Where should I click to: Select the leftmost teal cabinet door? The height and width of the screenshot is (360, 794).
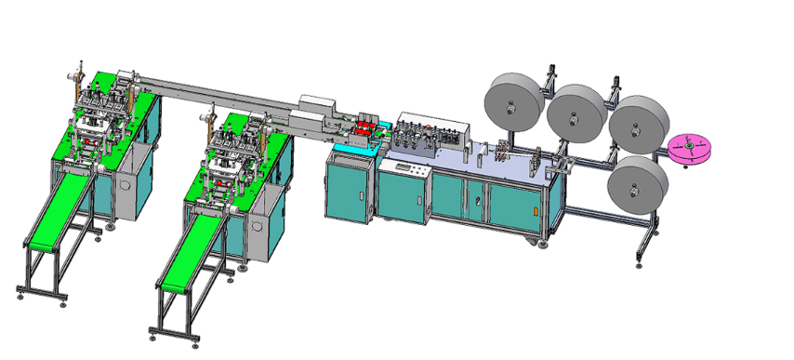(x=348, y=191)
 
